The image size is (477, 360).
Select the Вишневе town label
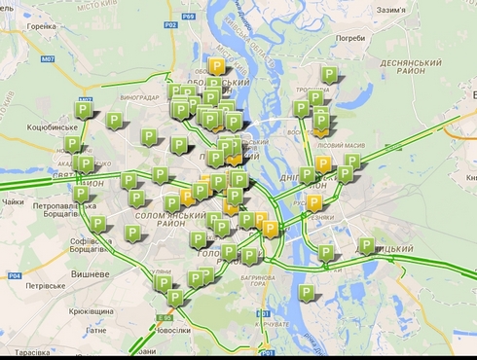91,274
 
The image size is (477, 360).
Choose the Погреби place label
349,39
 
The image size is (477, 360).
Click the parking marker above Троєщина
329,74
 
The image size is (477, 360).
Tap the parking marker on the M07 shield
84,109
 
